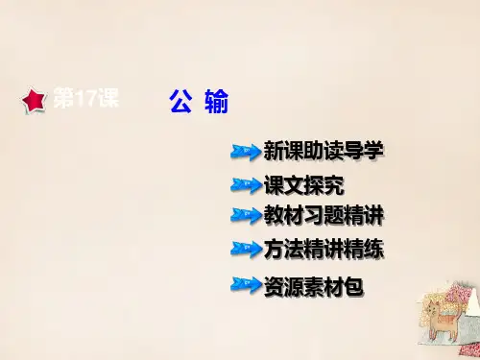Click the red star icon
click(35, 100)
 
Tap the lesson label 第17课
click(86, 97)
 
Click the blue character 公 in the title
click(180, 101)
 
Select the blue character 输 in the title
click(217, 101)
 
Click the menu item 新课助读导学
click(324, 151)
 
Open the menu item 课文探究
click(304, 185)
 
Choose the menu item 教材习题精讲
click(324, 216)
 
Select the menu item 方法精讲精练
click(324, 249)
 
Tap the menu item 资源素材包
click(314, 286)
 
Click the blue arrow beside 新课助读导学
click(246, 152)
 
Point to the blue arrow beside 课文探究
click(246, 185)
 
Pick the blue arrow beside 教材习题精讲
click(246, 215)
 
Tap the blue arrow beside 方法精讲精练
click(246, 249)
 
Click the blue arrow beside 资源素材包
click(246, 285)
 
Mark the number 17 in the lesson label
click(86, 98)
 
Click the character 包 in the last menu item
click(353, 286)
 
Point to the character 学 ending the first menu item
click(373, 151)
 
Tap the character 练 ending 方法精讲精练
click(373, 249)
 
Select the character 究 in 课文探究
click(334, 185)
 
